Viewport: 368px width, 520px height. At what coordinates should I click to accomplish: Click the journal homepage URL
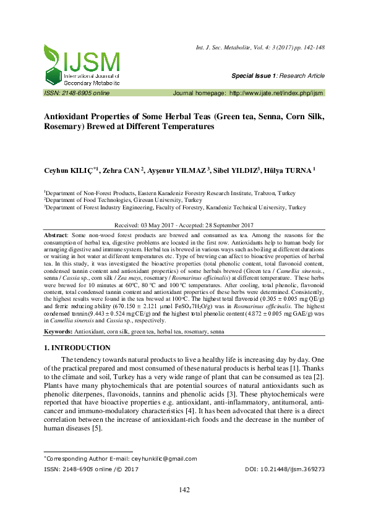[276, 92]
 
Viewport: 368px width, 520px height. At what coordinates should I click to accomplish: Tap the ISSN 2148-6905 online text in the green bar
[76, 92]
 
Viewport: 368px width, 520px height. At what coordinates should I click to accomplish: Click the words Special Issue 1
[254, 75]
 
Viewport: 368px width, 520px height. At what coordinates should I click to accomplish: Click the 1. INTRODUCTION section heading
[77, 348]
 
